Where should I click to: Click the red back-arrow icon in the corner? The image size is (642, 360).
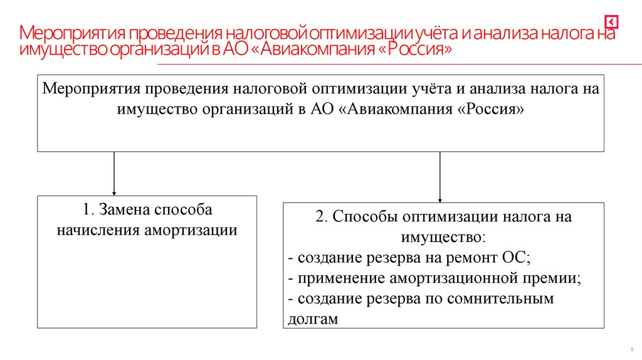pyautogui.click(x=612, y=22)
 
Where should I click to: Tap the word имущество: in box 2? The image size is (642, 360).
pyautogui.click(x=443, y=237)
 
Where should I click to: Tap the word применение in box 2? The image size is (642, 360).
pyautogui.click(x=334, y=278)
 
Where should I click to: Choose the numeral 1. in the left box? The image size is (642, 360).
pyautogui.click(x=88, y=210)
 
